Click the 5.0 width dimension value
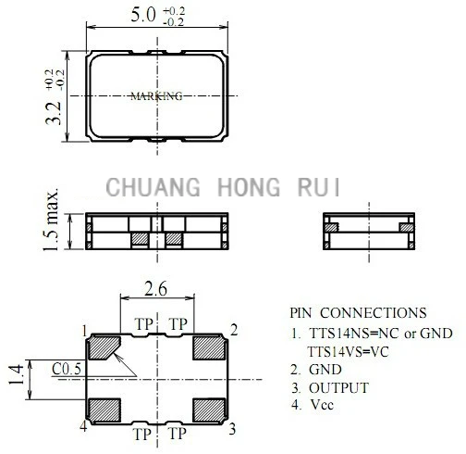pos(143,15)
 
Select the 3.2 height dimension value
pos(54,113)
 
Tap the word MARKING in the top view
pos(156,96)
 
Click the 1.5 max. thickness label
pos(51,220)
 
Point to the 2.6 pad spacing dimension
pos(156,288)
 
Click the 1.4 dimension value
pos(16,374)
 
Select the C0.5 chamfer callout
pos(67,369)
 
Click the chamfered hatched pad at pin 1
pos(104,347)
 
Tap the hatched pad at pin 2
pos(209,347)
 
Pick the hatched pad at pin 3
pos(209,410)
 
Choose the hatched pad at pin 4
pos(104,410)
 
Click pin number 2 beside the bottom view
pos(234,330)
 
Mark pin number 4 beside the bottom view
pos(83,427)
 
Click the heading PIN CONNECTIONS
pos(358,313)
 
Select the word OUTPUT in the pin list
pos(338,388)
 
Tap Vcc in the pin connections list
pos(322,405)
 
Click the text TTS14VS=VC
pos(349,351)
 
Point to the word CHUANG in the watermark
pos(153,187)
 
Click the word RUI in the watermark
pos(319,187)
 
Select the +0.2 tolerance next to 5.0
pos(174,11)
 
